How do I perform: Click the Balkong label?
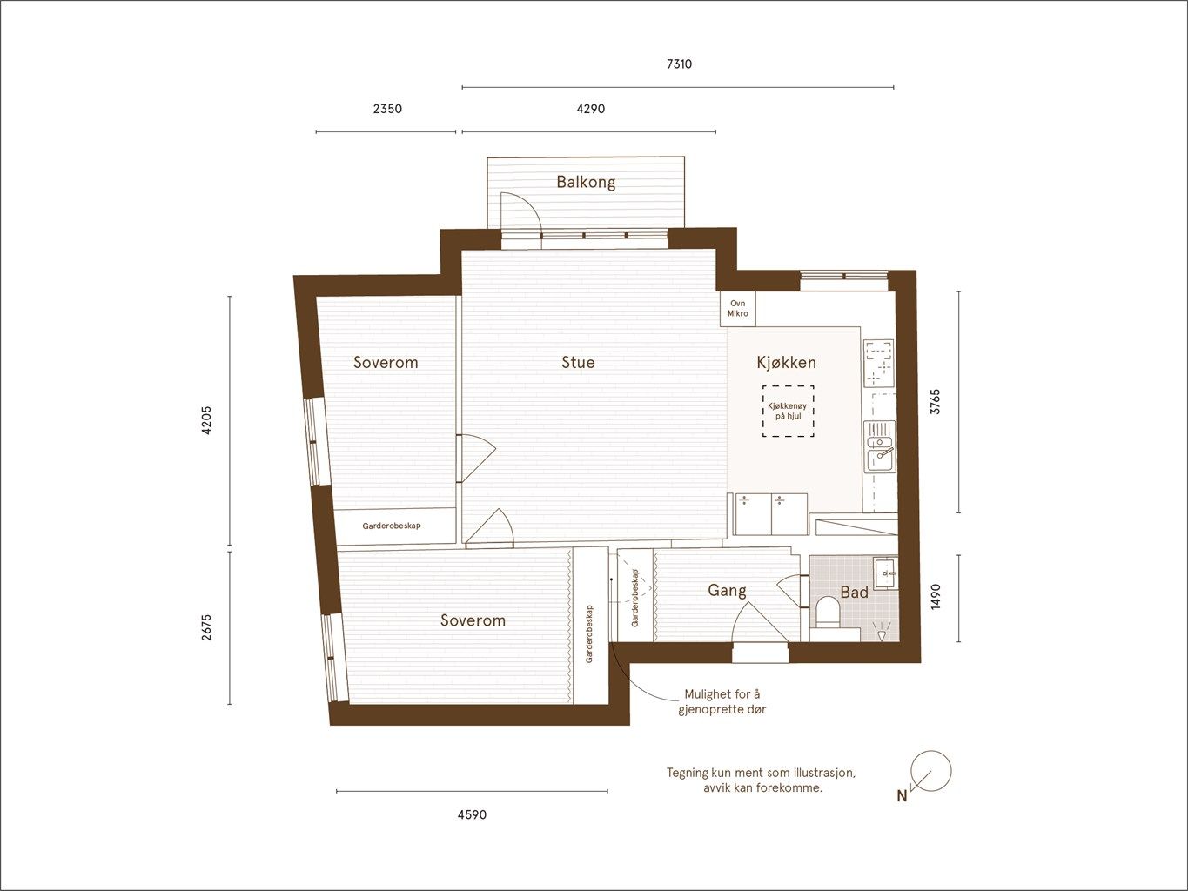(x=586, y=182)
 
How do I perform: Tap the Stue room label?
(x=578, y=362)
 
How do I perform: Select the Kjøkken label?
(x=786, y=362)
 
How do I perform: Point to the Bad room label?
(x=854, y=593)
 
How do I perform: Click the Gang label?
(x=727, y=590)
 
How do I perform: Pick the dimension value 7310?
(x=679, y=64)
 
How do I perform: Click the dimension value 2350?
(x=387, y=109)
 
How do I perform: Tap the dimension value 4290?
(x=590, y=109)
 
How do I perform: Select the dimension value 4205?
(x=206, y=420)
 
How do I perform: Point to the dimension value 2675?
(x=206, y=627)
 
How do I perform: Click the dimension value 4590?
(x=472, y=814)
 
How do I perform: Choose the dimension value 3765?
(x=936, y=402)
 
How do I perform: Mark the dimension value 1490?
(x=936, y=597)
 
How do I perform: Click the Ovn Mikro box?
(x=738, y=309)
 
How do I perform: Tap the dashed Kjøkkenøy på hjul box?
(x=788, y=412)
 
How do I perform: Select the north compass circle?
(x=931, y=771)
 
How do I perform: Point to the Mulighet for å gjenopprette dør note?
(x=722, y=701)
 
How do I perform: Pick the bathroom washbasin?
(x=885, y=573)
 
